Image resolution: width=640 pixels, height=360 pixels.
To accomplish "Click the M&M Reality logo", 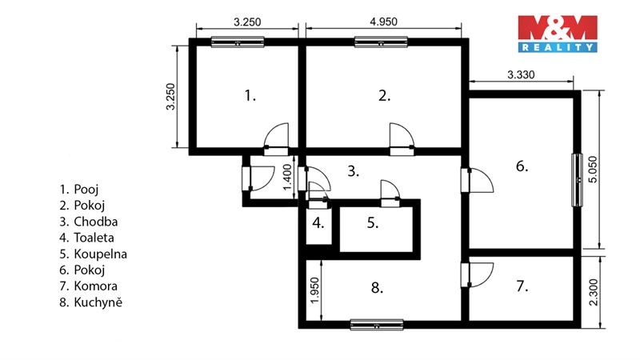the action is pyautogui.click(x=558, y=34).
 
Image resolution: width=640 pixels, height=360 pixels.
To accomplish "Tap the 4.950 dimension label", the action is pyautogui.click(x=383, y=22).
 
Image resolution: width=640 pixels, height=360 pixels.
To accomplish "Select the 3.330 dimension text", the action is pyautogui.click(x=521, y=74).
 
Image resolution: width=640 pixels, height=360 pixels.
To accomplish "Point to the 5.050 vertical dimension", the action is pyautogui.click(x=593, y=170).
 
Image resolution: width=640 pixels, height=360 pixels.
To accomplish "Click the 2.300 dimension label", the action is pyautogui.click(x=594, y=292).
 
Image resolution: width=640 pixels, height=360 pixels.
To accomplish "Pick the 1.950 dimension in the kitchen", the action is pyautogui.click(x=314, y=290).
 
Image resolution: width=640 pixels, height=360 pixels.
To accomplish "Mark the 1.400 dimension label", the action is pyautogui.click(x=288, y=177).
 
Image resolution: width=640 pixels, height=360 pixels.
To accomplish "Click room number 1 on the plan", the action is pyautogui.click(x=250, y=95).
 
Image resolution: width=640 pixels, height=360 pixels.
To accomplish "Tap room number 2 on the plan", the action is pyautogui.click(x=385, y=95).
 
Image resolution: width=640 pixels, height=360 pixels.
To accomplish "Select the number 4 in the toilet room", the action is pyautogui.click(x=318, y=223).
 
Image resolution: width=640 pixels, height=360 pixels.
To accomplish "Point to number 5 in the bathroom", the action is pyautogui.click(x=373, y=223).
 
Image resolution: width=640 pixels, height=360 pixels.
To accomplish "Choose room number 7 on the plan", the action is pyautogui.click(x=522, y=286).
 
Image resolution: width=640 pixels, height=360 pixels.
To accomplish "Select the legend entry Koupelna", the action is pyautogui.click(x=93, y=254).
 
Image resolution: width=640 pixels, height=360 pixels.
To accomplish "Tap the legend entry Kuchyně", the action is pyautogui.click(x=90, y=302).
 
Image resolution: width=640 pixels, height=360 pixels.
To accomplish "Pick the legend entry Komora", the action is pyautogui.click(x=88, y=286).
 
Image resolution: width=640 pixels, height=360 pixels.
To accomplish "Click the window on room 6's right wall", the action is pyautogui.click(x=577, y=179).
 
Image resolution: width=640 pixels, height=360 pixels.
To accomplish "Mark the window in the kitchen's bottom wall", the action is pyautogui.click(x=377, y=325).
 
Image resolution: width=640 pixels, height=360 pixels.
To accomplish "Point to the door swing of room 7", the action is pyautogui.click(x=482, y=274).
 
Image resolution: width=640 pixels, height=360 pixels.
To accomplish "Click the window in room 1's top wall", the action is pyautogui.click(x=238, y=42).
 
